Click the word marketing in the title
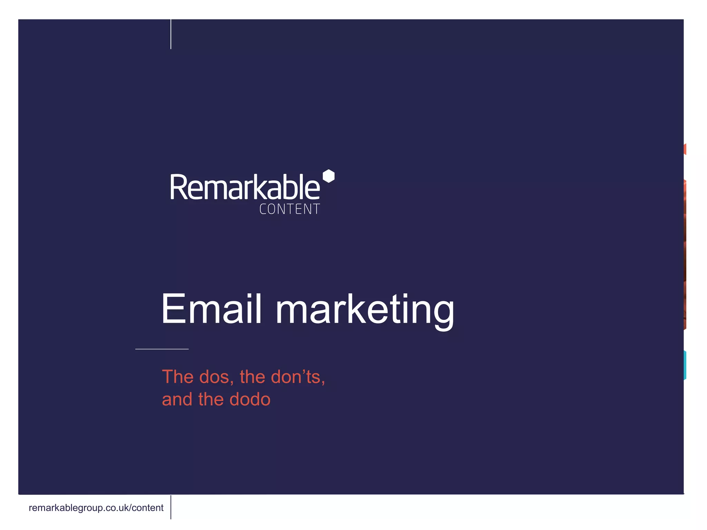(x=365, y=310)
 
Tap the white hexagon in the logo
(x=328, y=176)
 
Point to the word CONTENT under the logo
(x=289, y=209)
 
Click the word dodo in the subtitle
(x=250, y=400)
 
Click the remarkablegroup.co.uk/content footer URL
(x=96, y=508)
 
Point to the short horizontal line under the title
(x=162, y=349)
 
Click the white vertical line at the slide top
(x=171, y=34)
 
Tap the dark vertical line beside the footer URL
(x=171, y=507)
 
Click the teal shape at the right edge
(x=685, y=365)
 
